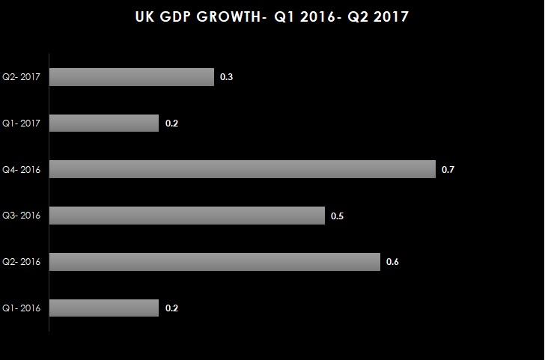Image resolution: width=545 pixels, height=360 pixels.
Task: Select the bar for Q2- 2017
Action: (132, 77)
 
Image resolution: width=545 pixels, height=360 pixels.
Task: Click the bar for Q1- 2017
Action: (104, 123)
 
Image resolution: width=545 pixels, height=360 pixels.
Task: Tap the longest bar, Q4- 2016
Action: (243, 169)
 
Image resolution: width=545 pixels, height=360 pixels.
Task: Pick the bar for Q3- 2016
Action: (187, 216)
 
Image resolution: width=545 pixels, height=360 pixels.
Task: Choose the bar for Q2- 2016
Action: (215, 261)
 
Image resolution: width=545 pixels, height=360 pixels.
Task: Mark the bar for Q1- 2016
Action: (104, 308)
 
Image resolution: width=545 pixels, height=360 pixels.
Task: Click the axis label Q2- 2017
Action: (22, 77)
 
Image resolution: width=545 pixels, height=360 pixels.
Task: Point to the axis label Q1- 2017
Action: (22, 123)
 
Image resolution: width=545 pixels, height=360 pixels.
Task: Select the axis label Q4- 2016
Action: (22, 169)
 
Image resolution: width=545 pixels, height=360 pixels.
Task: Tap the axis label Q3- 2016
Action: (22, 216)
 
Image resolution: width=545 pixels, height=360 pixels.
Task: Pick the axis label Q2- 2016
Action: (22, 261)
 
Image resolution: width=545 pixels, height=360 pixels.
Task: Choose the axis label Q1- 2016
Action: (22, 308)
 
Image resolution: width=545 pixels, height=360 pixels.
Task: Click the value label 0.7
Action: (448, 170)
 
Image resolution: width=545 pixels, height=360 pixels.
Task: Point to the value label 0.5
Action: (338, 216)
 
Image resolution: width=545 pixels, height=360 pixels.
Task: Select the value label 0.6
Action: (392, 262)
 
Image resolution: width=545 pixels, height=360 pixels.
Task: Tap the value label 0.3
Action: (227, 77)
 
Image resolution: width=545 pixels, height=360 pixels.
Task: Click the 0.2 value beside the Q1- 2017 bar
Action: (171, 123)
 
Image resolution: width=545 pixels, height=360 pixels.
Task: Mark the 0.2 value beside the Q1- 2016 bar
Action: (171, 308)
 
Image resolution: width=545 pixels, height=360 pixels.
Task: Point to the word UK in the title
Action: (144, 17)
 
